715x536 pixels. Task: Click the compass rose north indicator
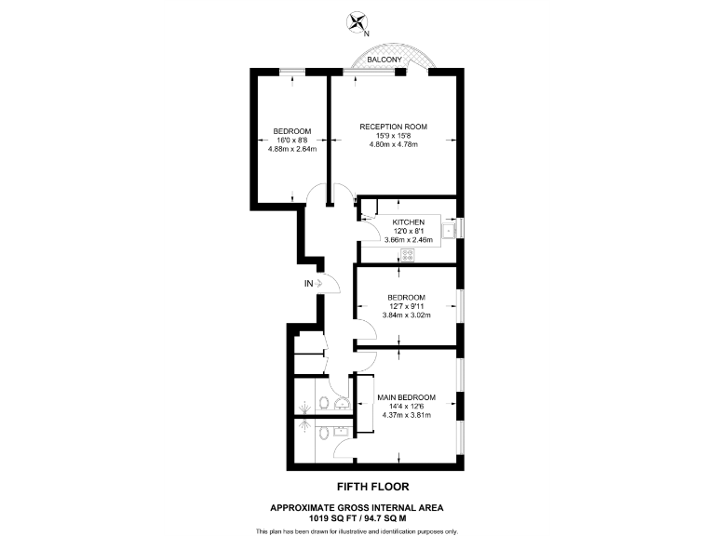pos(357,21)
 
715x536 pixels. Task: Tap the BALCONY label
pos(384,60)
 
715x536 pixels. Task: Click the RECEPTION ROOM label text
pos(394,127)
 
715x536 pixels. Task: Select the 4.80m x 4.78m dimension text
pos(394,145)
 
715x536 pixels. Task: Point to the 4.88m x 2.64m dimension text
pos(292,149)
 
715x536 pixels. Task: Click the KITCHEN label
pos(408,222)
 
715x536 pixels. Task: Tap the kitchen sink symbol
pos(448,230)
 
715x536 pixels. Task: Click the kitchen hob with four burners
pos(407,254)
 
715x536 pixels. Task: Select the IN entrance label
pos(307,283)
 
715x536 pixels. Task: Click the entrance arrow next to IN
pos(319,283)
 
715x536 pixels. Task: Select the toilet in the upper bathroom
pos(322,402)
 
